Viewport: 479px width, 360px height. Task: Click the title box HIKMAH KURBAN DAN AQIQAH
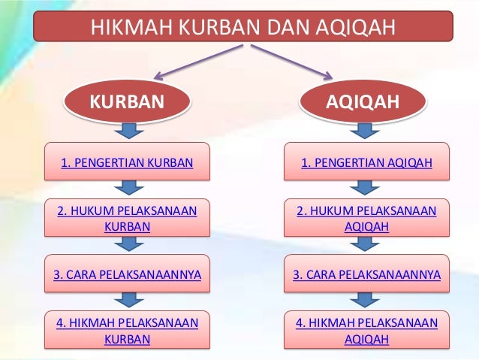(243, 27)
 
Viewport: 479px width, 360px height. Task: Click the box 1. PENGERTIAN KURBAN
(127, 161)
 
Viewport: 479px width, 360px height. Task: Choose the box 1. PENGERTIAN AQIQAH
(366, 161)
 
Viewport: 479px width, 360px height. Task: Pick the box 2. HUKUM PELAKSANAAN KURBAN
(127, 218)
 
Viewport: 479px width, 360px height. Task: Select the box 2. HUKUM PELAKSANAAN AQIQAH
(366, 218)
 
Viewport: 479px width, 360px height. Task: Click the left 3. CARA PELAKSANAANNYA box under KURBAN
(127, 275)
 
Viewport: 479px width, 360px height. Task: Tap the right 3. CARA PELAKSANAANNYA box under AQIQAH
(366, 275)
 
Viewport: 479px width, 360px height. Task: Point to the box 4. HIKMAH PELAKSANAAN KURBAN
(127, 331)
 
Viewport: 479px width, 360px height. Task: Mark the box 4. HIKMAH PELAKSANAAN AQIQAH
(366, 331)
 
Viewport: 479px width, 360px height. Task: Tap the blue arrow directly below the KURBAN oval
(128, 132)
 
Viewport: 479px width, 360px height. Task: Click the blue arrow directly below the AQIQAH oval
(366, 132)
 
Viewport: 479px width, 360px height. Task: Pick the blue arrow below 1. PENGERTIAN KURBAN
(128, 188)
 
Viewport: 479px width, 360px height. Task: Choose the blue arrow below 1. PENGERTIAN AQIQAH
(366, 188)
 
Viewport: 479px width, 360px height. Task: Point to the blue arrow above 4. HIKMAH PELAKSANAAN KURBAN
(128, 301)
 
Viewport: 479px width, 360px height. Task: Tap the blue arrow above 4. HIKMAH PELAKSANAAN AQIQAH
(366, 301)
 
